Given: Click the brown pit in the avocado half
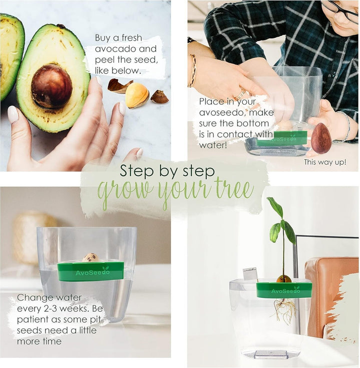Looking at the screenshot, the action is tap(51, 86).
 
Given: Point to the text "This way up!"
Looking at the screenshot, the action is tap(325, 162).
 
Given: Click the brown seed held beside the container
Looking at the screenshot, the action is tap(321, 138).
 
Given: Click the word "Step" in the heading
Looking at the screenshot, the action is tap(138, 171).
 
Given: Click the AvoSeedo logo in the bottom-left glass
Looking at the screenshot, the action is tap(92, 272).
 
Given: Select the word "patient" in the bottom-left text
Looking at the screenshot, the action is tap(32, 319).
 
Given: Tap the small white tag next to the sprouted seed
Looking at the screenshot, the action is tap(250, 274).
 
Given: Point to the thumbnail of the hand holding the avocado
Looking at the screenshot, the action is tap(13, 114).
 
